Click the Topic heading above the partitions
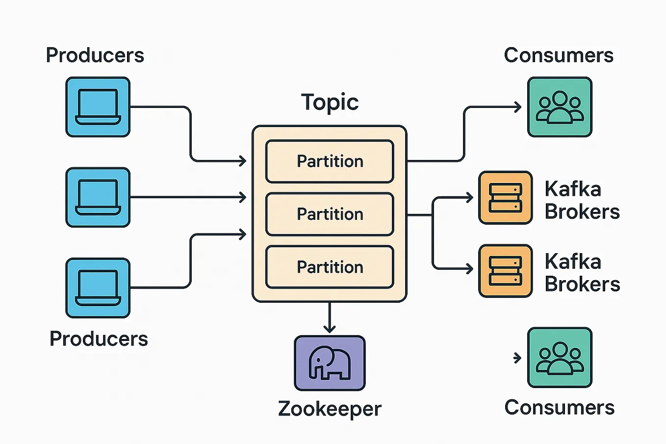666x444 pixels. coord(330,103)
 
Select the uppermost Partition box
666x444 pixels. coord(330,161)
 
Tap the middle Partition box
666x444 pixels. coord(330,214)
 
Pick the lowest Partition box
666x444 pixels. coord(330,267)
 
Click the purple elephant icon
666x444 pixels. coord(330,363)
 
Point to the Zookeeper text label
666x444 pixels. coord(330,409)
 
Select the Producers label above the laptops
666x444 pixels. coord(95,55)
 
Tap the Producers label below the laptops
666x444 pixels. coord(99,339)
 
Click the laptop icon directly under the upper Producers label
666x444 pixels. coord(98,107)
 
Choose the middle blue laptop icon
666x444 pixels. coord(98,197)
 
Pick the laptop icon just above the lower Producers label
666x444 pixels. coord(98,288)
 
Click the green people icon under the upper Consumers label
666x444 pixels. coord(560,107)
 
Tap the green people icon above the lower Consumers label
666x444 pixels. coord(560,358)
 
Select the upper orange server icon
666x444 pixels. coord(505,198)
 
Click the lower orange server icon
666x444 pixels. coord(505,271)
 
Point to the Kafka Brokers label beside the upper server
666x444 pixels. coord(582,200)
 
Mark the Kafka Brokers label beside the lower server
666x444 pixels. coord(582,273)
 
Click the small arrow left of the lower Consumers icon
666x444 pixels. coord(517,358)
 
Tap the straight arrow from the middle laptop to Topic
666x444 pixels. coord(189,197)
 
